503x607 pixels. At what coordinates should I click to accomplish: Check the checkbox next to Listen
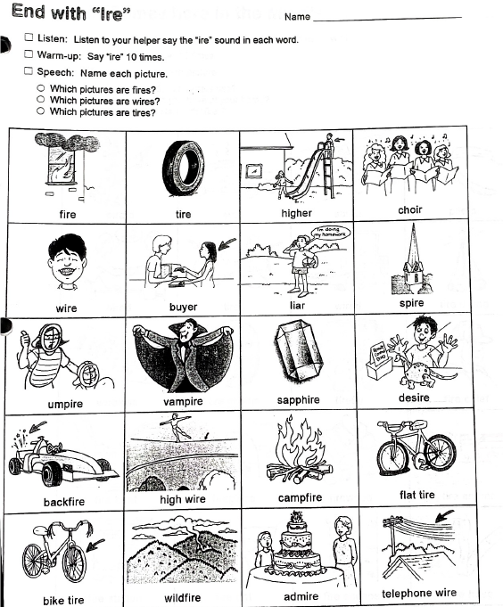pyautogui.click(x=29, y=37)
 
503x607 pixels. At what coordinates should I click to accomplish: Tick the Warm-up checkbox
pyautogui.click(x=29, y=53)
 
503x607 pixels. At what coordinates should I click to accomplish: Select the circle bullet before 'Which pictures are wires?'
pyautogui.click(x=41, y=99)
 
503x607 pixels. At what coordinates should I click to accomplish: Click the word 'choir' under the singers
pyautogui.click(x=409, y=209)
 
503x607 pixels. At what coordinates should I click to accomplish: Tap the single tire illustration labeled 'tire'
pyautogui.click(x=183, y=168)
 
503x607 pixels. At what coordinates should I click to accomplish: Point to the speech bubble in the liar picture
pyautogui.click(x=331, y=233)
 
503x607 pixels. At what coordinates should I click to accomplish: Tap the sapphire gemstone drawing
pyautogui.click(x=299, y=350)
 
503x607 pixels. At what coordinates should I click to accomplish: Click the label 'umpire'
pyautogui.click(x=65, y=404)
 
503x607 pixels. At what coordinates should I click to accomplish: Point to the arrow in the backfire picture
pyautogui.click(x=37, y=427)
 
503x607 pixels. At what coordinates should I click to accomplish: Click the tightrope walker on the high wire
pyautogui.click(x=177, y=427)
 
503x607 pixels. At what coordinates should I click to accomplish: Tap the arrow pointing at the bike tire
pyautogui.click(x=95, y=545)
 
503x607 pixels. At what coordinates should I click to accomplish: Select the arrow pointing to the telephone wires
pyautogui.click(x=444, y=516)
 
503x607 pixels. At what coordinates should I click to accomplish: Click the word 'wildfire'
pyautogui.click(x=182, y=597)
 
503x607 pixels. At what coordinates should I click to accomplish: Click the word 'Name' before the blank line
pyautogui.click(x=297, y=17)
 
